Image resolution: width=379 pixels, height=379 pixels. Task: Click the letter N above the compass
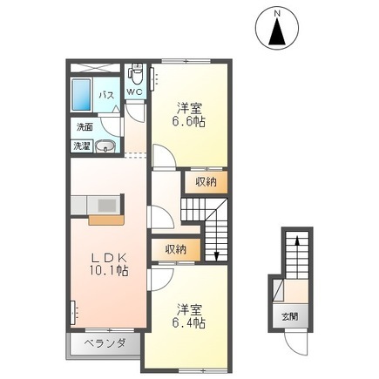pos(277,13)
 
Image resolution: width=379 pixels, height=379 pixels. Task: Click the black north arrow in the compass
pos(277,31)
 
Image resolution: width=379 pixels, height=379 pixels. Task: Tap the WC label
pos(135,92)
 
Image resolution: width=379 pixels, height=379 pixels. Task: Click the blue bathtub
pos(81,95)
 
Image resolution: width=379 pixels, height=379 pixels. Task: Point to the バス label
pos(106,95)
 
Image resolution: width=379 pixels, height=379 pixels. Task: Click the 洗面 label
pos(85,127)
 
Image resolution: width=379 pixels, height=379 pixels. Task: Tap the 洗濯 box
pos(82,146)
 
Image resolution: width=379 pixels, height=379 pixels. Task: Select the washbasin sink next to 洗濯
pos(105,146)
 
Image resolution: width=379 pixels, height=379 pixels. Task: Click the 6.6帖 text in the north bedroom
pos(189,122)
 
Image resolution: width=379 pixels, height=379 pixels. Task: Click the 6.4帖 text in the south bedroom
pos(189,322)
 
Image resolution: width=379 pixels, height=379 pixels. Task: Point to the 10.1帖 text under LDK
pos(109,271)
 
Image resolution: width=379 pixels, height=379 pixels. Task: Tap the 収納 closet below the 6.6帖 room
pos(206,182)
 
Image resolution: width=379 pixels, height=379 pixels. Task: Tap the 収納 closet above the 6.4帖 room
pos(176,249)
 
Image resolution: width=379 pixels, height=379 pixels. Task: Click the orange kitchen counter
pos(106,220)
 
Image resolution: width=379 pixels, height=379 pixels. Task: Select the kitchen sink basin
pos(107,206)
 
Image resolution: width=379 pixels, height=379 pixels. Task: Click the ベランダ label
pos(105,343)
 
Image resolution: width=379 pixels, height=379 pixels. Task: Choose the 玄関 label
pos(291,317)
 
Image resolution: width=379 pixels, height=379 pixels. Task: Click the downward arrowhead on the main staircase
pos(216,256)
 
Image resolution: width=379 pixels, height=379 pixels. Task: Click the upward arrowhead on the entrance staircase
pos(297,240)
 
